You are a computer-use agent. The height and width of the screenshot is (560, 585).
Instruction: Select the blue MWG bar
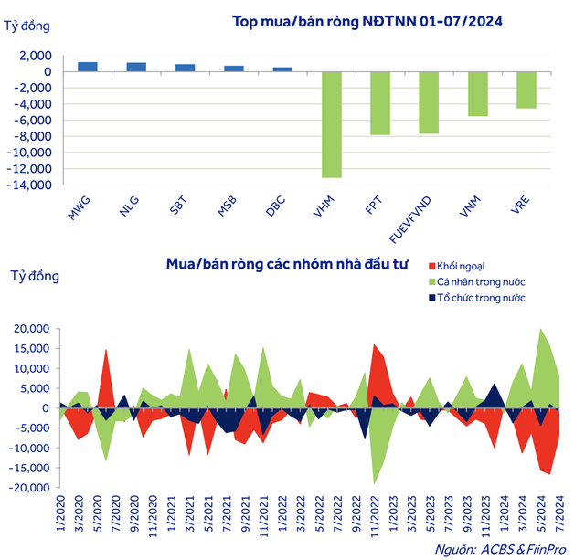tap(88, 67)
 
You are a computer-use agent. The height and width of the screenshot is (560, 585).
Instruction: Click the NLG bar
tap(136, 67)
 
